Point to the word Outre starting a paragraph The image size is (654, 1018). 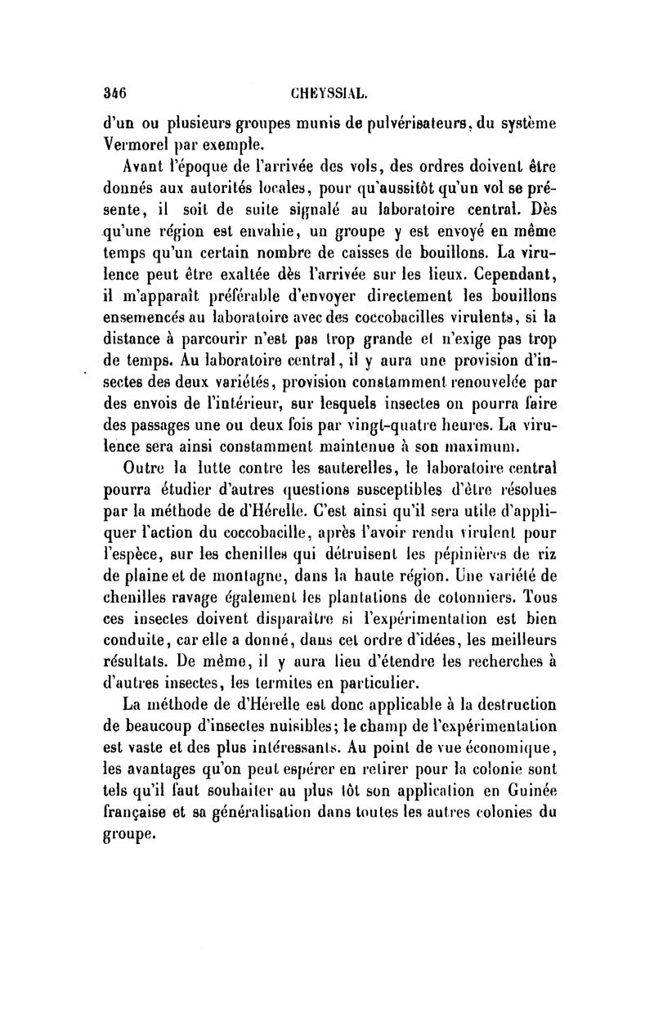click(142, 469)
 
